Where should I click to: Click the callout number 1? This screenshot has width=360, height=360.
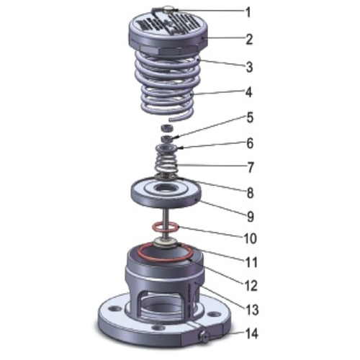pos(248,12)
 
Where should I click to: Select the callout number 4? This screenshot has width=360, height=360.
pos(249,92)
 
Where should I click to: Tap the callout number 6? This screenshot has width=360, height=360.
pos(249,143)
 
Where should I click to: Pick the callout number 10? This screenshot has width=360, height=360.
pos(248,237)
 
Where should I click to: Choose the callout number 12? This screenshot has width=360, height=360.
pos(249,285)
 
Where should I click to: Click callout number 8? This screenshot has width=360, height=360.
pos(249,192)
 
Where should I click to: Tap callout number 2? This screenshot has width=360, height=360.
pos(249,40)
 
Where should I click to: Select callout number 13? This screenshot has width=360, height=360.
pos(249,309)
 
